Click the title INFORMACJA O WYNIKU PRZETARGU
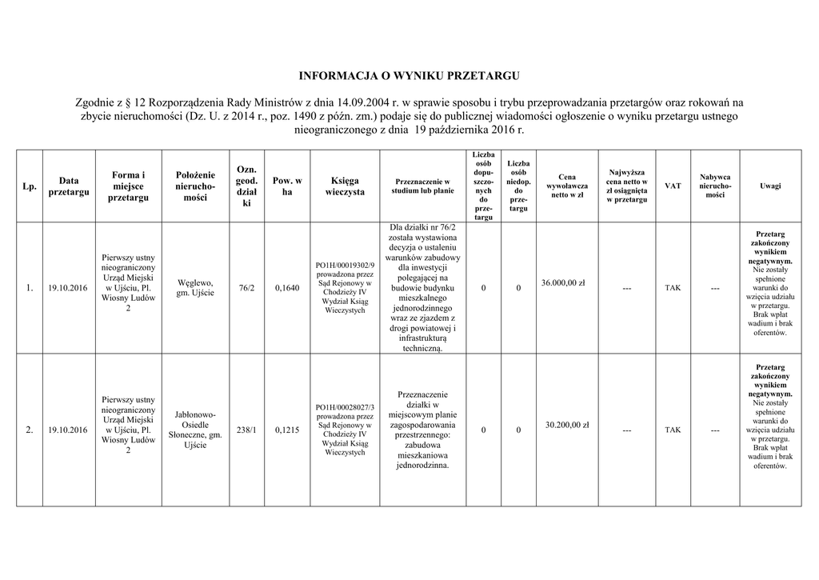tap(409, 77)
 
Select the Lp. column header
tap(30, 186)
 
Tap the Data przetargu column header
tap(68, 186)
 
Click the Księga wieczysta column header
tap(344, 186)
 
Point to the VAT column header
tap(673, 186)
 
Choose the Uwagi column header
tap(770, 186)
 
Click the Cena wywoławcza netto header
tap(567, 186)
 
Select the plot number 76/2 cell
tap(246, 288)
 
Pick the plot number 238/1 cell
tap(246, 430)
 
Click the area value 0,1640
tap(286, 288)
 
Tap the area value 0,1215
tap(286, 430)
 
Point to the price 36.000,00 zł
tap(563, 282)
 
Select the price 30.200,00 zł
tap(567, 425)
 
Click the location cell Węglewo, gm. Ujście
tap(194, 288)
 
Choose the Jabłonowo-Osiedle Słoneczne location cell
tap(194, 430)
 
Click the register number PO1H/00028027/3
tap(344, 407)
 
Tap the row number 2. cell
tap(30, 430)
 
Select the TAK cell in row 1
tap(673, 288)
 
